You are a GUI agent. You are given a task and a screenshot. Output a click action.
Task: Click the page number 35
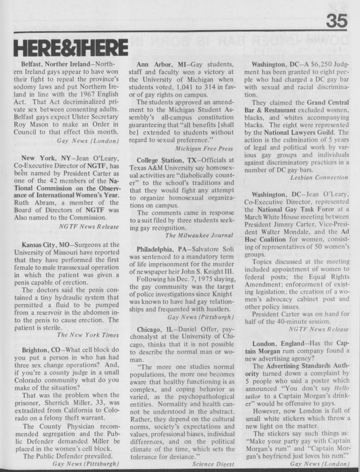click(x=338, y=20)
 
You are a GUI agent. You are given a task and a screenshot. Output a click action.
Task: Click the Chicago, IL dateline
click(x=156, y=329)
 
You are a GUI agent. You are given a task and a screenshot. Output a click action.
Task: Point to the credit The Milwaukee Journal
click(x=199, y=235)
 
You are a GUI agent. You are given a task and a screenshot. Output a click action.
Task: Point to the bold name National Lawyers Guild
click(x=301, y=133)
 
